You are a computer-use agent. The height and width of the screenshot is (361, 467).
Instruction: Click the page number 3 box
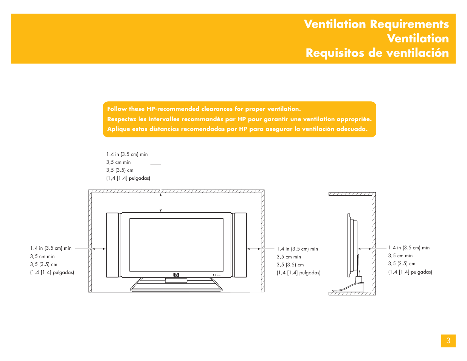[448, 341]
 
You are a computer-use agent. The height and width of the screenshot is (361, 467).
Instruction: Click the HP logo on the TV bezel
[176, 275]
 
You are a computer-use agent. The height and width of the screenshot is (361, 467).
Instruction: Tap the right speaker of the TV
[239, 245]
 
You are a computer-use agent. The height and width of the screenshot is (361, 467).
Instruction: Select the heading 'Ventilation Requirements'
[376, 24]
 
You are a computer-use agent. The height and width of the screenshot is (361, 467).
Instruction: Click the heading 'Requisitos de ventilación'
[377, 53]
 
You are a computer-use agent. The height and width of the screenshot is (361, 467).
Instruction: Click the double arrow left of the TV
[99, 249]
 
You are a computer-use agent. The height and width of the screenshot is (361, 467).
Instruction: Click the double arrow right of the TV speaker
[254, 249]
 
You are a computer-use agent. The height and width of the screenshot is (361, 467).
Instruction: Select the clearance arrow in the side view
[365, 249]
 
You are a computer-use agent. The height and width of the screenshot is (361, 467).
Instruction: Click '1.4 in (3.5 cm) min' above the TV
[127, 154]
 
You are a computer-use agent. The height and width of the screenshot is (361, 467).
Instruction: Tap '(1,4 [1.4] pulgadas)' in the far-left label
[52, 272]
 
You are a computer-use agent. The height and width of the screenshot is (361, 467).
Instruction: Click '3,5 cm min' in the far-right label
[400, 256]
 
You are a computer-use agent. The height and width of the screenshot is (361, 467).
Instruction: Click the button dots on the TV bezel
[216, 275]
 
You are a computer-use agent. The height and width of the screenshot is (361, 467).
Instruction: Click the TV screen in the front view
[176, 244]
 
